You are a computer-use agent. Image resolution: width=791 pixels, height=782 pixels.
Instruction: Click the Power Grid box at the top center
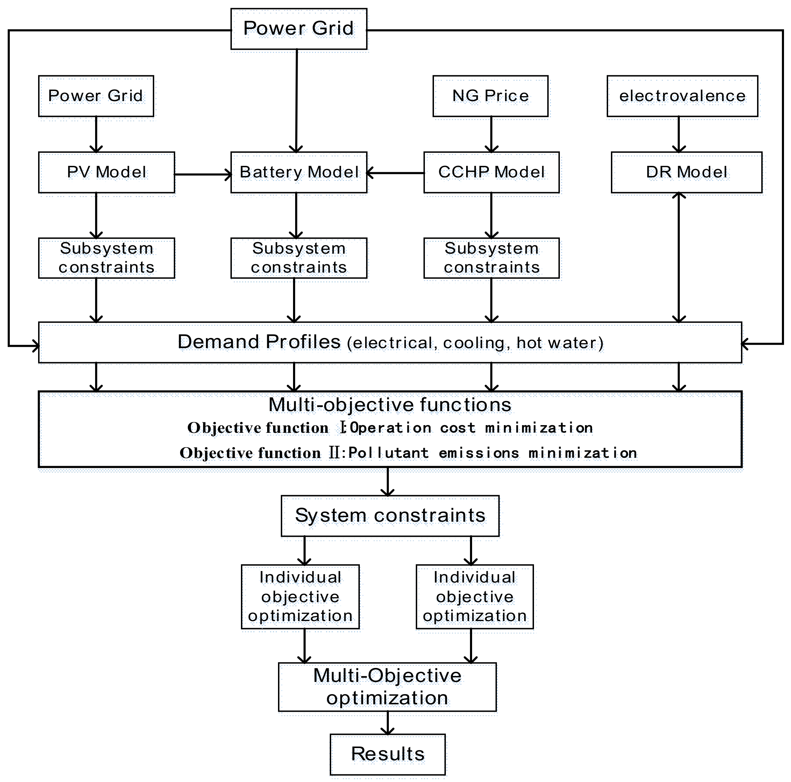[x=299, y=29]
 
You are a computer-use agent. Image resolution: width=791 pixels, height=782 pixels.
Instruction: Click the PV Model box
[x=106, y=172]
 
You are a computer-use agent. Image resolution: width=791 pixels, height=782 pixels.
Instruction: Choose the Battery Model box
[x=299, y=172]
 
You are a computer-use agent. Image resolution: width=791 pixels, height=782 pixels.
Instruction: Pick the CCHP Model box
[x=491, y=172]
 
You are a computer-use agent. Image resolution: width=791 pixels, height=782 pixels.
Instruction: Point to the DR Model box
[x=686, y=172]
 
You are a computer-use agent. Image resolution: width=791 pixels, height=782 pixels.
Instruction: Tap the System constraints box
[x=390, y=515]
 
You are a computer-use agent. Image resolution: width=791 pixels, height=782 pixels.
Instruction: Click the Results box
[x=387, y=754]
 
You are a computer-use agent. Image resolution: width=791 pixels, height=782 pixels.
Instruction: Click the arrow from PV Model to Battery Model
[x=203, y=175]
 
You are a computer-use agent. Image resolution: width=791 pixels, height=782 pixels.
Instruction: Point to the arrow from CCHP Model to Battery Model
[x=395, y=173]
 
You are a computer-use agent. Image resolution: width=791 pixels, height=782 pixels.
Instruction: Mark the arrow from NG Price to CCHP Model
[x=491, y=134]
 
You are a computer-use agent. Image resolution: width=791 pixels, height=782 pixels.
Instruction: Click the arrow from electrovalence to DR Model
[x=678, y=134]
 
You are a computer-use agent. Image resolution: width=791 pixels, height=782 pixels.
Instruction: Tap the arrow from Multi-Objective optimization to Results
[x=387, y=722]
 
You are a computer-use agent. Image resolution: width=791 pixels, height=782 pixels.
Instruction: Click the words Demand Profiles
[x=259, y=341]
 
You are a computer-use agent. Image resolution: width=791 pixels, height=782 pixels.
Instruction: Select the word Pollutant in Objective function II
[x=388, y=453]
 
